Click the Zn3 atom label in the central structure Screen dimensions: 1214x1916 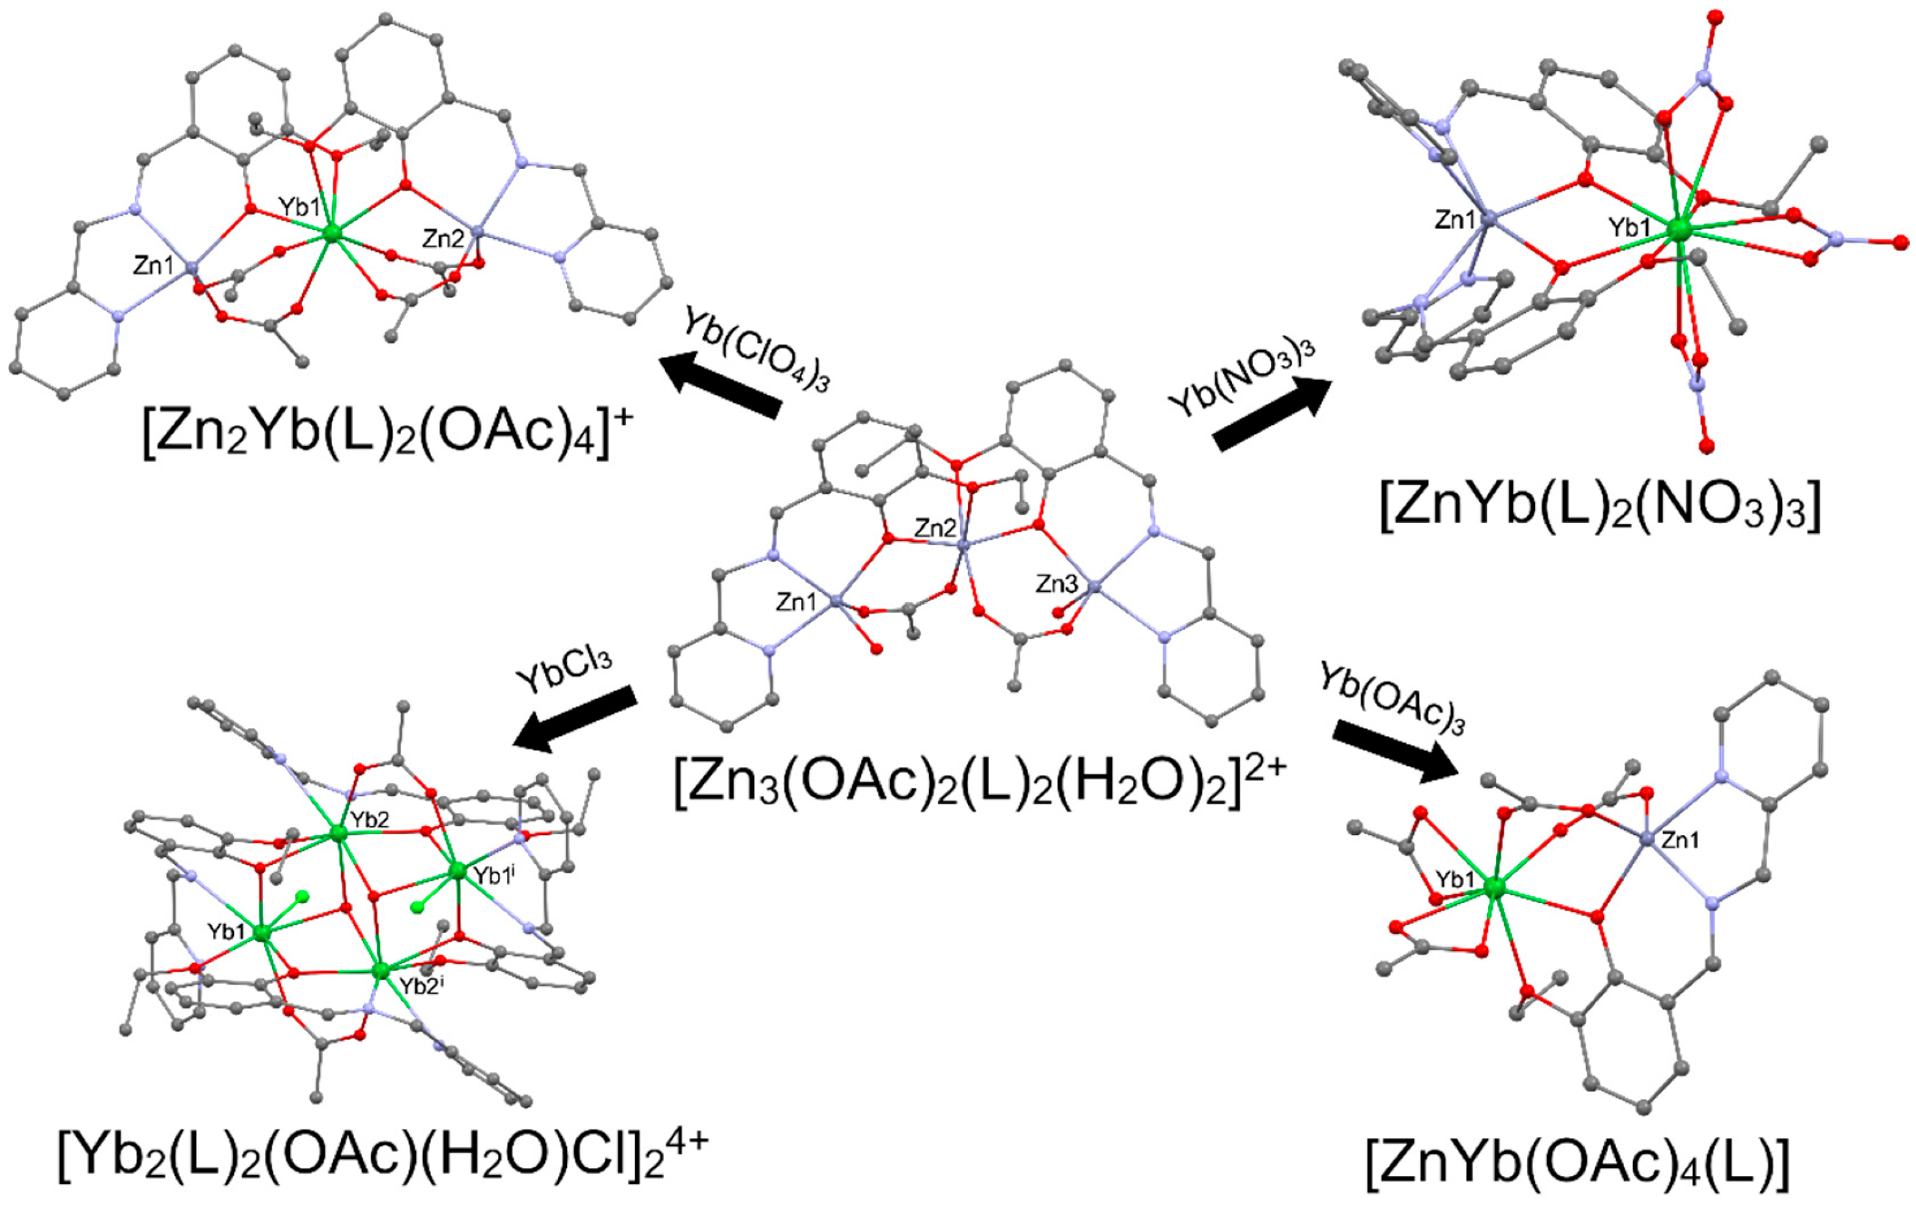(1057, 584)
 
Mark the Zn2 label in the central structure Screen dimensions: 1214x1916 (935, 526)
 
